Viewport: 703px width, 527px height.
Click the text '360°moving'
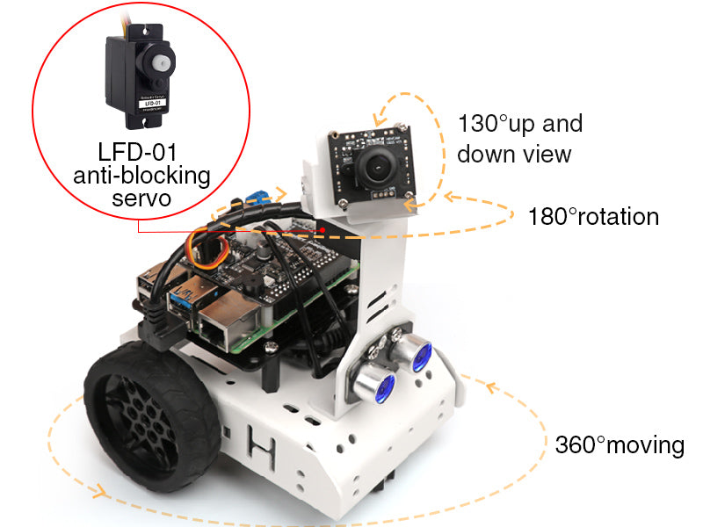(620, 445)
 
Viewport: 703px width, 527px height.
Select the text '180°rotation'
(593, 216)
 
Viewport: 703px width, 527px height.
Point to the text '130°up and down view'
(519, 138)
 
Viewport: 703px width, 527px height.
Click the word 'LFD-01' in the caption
(141, 150)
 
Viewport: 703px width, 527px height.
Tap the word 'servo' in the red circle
(141, 199)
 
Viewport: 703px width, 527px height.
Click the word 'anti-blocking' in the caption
(141, 175)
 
